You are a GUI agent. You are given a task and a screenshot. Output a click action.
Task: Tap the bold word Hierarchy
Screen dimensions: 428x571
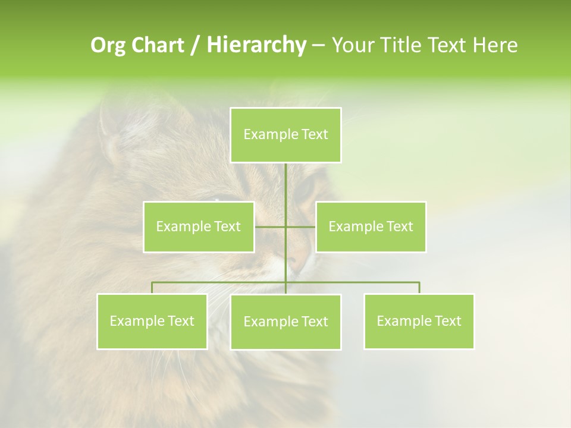click(x=256, y=45)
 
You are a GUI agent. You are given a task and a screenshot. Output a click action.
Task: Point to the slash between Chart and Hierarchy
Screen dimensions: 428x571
click(x=195, y=45)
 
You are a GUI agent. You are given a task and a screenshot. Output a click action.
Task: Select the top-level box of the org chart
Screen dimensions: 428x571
click(x=285, y=134)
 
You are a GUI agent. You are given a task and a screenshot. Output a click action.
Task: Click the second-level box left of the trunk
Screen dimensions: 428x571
click(x=199, y=226)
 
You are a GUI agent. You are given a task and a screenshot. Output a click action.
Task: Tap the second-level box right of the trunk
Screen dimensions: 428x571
click(x=371, y=226)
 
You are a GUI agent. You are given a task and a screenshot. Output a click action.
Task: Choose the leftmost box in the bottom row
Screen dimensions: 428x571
click(x=152, y=321)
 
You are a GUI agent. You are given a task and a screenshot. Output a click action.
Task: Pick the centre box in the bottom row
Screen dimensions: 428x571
click(x=285, y=322)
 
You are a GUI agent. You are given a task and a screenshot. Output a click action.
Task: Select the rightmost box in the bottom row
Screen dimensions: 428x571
click(x=419, y=321)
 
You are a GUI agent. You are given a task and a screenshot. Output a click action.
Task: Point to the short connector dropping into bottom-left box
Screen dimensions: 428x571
click(x=152, y=288)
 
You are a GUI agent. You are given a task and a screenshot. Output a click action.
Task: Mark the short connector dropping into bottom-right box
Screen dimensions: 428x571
click(x=419, y=288)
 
